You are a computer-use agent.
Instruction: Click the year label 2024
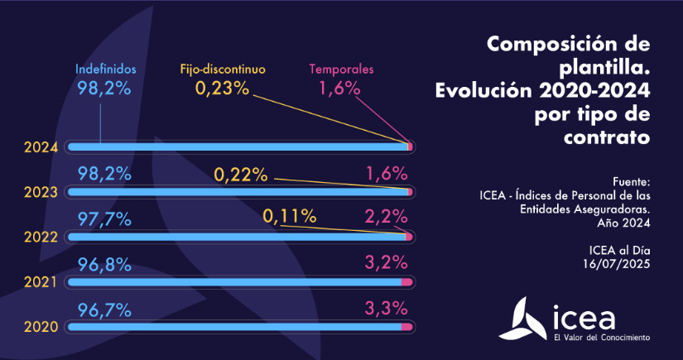coord(41,147)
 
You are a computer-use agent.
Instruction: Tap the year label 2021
coord(41,282)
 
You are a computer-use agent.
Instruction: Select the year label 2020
coord(41,327)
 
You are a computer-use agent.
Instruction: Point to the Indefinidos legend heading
coord(105,70)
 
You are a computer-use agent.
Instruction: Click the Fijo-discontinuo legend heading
coord(223,70)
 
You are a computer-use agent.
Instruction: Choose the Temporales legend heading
coord(341,70)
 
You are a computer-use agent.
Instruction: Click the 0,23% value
coord(222,87)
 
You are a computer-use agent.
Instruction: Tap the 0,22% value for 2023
coord(241,175)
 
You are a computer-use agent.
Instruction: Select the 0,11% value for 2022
coord(290,218)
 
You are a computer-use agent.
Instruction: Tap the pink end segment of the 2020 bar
coord(406,328)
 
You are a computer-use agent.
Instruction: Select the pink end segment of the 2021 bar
coord(406,283)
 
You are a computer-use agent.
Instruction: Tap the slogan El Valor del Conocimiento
coord(602,338)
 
